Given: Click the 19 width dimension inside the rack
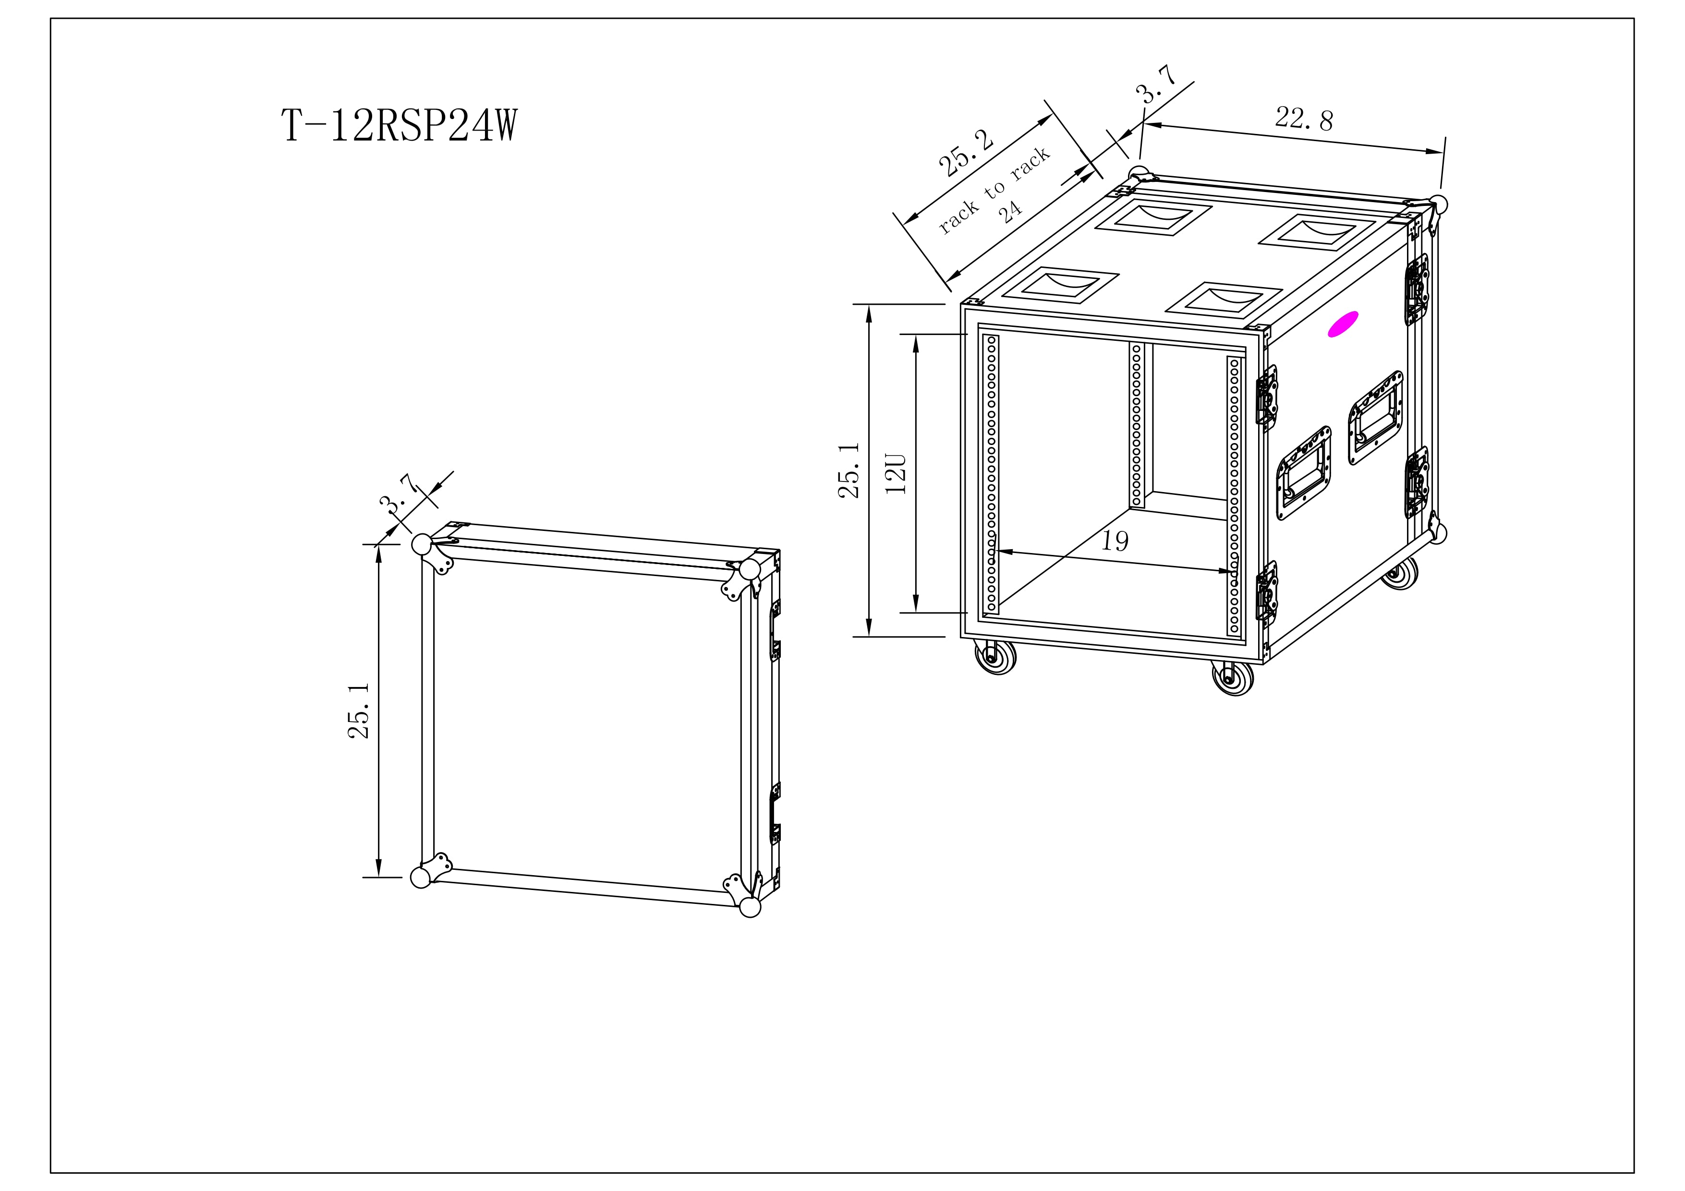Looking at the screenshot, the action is pos(1115,541).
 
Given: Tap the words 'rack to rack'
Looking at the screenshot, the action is pos(994,191).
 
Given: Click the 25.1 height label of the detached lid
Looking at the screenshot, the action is pos(359,710).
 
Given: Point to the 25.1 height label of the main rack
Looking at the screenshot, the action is pos(849,470).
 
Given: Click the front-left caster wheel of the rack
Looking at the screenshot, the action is pos(994,657).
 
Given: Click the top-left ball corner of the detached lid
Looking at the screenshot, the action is pos(421,544).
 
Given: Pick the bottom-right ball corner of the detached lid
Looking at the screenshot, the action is pos(750,907).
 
